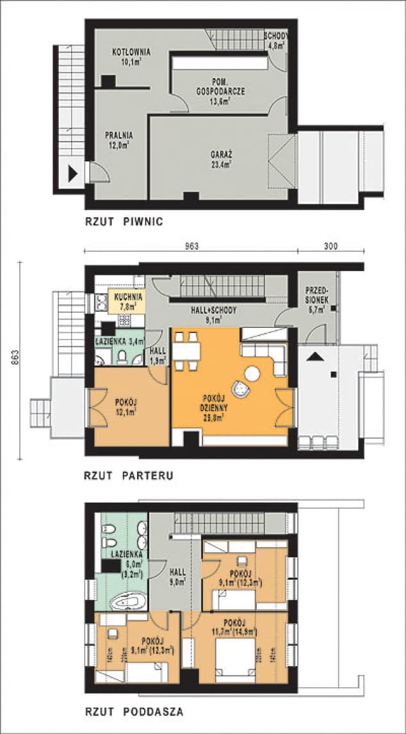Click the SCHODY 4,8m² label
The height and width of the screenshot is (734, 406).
coord(275,40)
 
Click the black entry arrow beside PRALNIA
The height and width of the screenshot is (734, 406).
coord(74,172)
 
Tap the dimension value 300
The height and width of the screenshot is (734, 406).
coord(330,245)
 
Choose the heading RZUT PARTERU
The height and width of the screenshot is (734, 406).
coord(129,476)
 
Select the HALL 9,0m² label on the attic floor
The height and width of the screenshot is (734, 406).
coord(177,578)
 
